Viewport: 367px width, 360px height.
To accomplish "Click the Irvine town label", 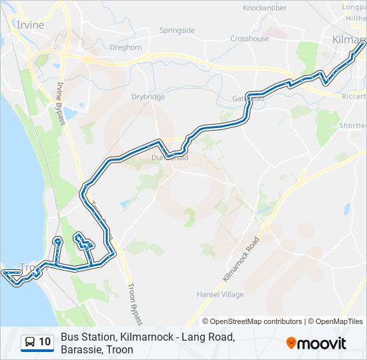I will [29, 25].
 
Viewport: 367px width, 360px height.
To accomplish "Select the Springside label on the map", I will [177, 31].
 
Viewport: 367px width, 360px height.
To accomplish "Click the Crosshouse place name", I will [250, 39].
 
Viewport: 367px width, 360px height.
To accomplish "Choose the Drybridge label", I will [148, 97].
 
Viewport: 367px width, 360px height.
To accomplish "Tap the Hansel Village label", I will [220, 294].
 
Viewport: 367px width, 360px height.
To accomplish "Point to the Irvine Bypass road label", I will [60, 103].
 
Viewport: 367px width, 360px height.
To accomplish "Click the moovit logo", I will [316, 343].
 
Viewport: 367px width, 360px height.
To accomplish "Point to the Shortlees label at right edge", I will [352, 125].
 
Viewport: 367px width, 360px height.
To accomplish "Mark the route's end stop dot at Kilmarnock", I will [362, 45].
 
